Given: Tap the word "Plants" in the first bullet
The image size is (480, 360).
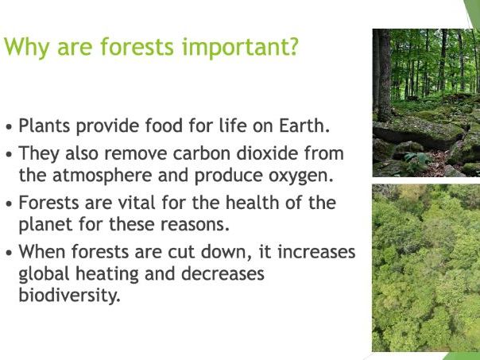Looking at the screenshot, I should coord(44,126).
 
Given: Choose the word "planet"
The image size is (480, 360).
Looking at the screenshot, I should coord(44,223).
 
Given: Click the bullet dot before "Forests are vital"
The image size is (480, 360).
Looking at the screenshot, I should coord(9,204).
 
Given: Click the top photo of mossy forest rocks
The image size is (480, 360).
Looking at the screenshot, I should coord(426,103).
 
